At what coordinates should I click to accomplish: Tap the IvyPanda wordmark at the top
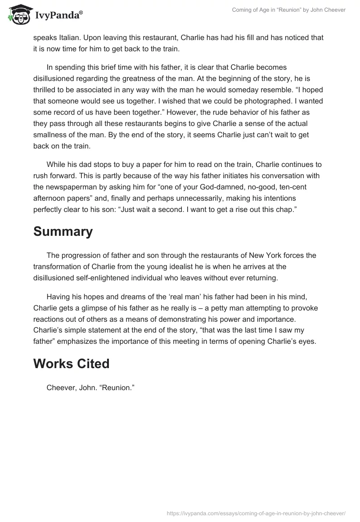[x=58, y=15]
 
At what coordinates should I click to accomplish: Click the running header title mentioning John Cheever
[x=288, y=10]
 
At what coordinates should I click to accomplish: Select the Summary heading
[x=63, y=231]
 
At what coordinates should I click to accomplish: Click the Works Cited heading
[x=71, y=363]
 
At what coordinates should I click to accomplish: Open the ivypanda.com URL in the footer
[x=256, y=513]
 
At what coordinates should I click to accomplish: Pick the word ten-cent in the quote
[x=300, y=187]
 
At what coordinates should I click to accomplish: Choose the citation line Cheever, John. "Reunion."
[x=91, y=386]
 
